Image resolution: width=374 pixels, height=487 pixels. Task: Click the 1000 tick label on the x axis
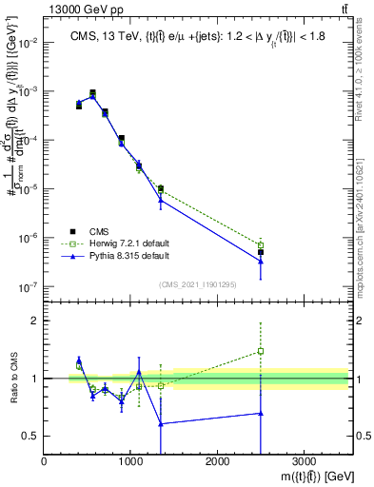coord(130,461)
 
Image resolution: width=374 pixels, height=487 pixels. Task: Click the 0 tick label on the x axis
coord(45,461)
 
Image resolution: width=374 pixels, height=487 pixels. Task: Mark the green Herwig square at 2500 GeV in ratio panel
coord(261,351)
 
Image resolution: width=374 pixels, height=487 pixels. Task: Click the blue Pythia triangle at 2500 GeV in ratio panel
coord(261,413)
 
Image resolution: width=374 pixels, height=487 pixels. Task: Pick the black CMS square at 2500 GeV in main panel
coord(261,252)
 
